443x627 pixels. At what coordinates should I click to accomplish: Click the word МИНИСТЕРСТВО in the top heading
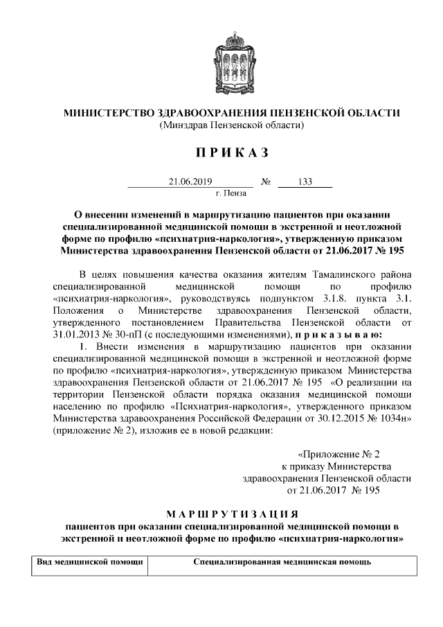[106, 113]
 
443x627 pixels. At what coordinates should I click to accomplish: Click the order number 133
[305, 182]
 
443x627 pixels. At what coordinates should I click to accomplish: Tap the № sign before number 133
[266, 182]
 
